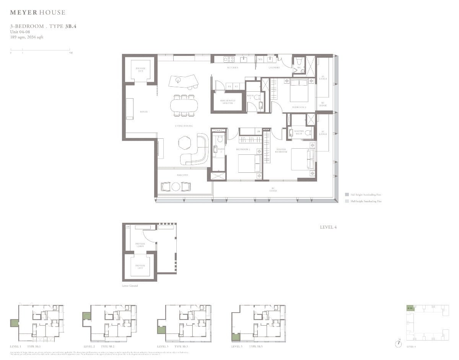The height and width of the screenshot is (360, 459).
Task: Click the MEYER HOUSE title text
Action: [37, 13]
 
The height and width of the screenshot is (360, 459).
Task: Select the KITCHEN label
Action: [233, 68]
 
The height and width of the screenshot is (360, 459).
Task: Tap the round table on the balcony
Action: [176, 186]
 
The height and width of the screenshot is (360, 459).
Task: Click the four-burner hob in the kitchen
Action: [229, 59]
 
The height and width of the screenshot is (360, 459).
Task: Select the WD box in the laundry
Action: [260, 59]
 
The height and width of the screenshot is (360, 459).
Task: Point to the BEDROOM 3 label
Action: [299, 107]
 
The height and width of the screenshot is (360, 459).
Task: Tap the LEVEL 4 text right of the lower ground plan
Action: [328, 227]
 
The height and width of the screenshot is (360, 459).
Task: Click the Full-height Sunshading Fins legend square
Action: [347, 195]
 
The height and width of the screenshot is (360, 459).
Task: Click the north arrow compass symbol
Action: [399, 343]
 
